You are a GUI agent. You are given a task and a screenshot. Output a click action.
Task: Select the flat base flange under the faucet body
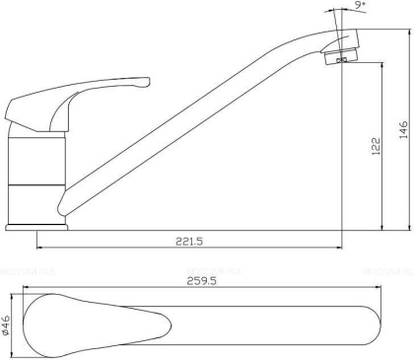click(x=35, y=228)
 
